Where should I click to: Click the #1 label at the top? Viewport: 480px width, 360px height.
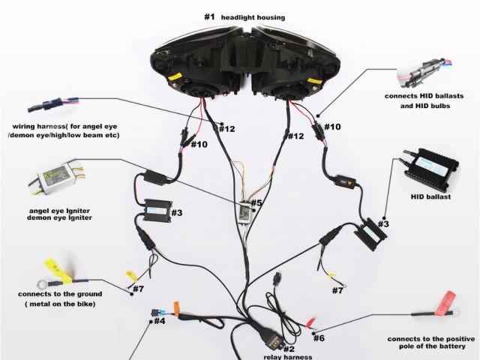pos(210,16)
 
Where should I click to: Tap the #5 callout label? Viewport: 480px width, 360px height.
pos(256,202)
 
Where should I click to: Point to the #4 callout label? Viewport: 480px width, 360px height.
pos(159,322)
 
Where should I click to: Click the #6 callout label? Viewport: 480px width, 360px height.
pos(319,337)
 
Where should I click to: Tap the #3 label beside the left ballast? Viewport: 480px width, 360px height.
pos(176,212)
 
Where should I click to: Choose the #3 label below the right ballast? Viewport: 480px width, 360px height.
pos(382,223)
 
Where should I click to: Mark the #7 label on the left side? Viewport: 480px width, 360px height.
pos(138,289)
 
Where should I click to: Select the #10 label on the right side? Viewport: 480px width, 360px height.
pos(331,127)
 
